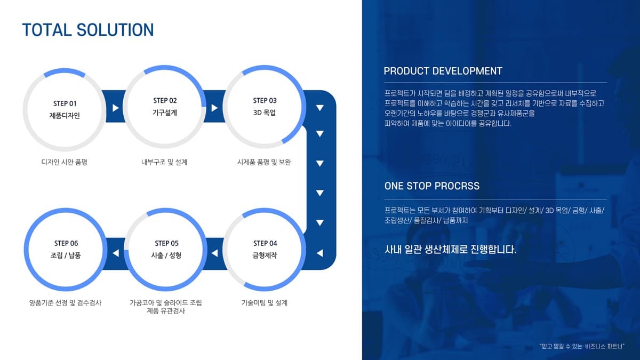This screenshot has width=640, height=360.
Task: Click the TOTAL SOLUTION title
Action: (x=88, y=30)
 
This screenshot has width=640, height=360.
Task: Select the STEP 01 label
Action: (x=65, y=103)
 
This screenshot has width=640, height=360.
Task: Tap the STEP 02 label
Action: (x=165, y=101)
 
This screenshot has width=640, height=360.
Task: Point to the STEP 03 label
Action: (x=265, y=101)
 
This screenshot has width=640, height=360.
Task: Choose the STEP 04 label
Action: (x=265, y=243)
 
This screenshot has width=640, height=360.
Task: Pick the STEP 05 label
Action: (x=166, y=243)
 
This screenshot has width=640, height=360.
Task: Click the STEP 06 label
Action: (x=66, y=243)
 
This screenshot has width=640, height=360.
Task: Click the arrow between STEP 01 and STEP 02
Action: (x=115, y=108)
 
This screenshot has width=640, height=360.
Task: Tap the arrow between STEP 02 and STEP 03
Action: (x=214, y=108)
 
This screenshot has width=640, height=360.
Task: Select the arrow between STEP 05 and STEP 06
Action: (x=116, y=253)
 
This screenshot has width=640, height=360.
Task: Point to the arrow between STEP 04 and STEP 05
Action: (x=214, y=253)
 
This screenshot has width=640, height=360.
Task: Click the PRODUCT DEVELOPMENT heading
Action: (x=443, y=71)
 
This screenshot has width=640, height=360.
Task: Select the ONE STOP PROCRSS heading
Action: (x=431, y=186)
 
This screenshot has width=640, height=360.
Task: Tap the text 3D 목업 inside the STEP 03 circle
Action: (x=265, y=113)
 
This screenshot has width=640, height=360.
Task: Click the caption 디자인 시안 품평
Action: (x=65, y=162)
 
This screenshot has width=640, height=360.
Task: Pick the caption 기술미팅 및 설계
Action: (x=265, y=303)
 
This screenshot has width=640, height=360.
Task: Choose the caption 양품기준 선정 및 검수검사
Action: (x=65, y=303)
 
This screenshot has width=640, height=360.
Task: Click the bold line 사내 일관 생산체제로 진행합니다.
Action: (x=450, y=250)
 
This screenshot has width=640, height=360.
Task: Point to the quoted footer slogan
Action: (x=582, y=346)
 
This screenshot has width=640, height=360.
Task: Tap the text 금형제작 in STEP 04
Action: (x=265, y=255)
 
